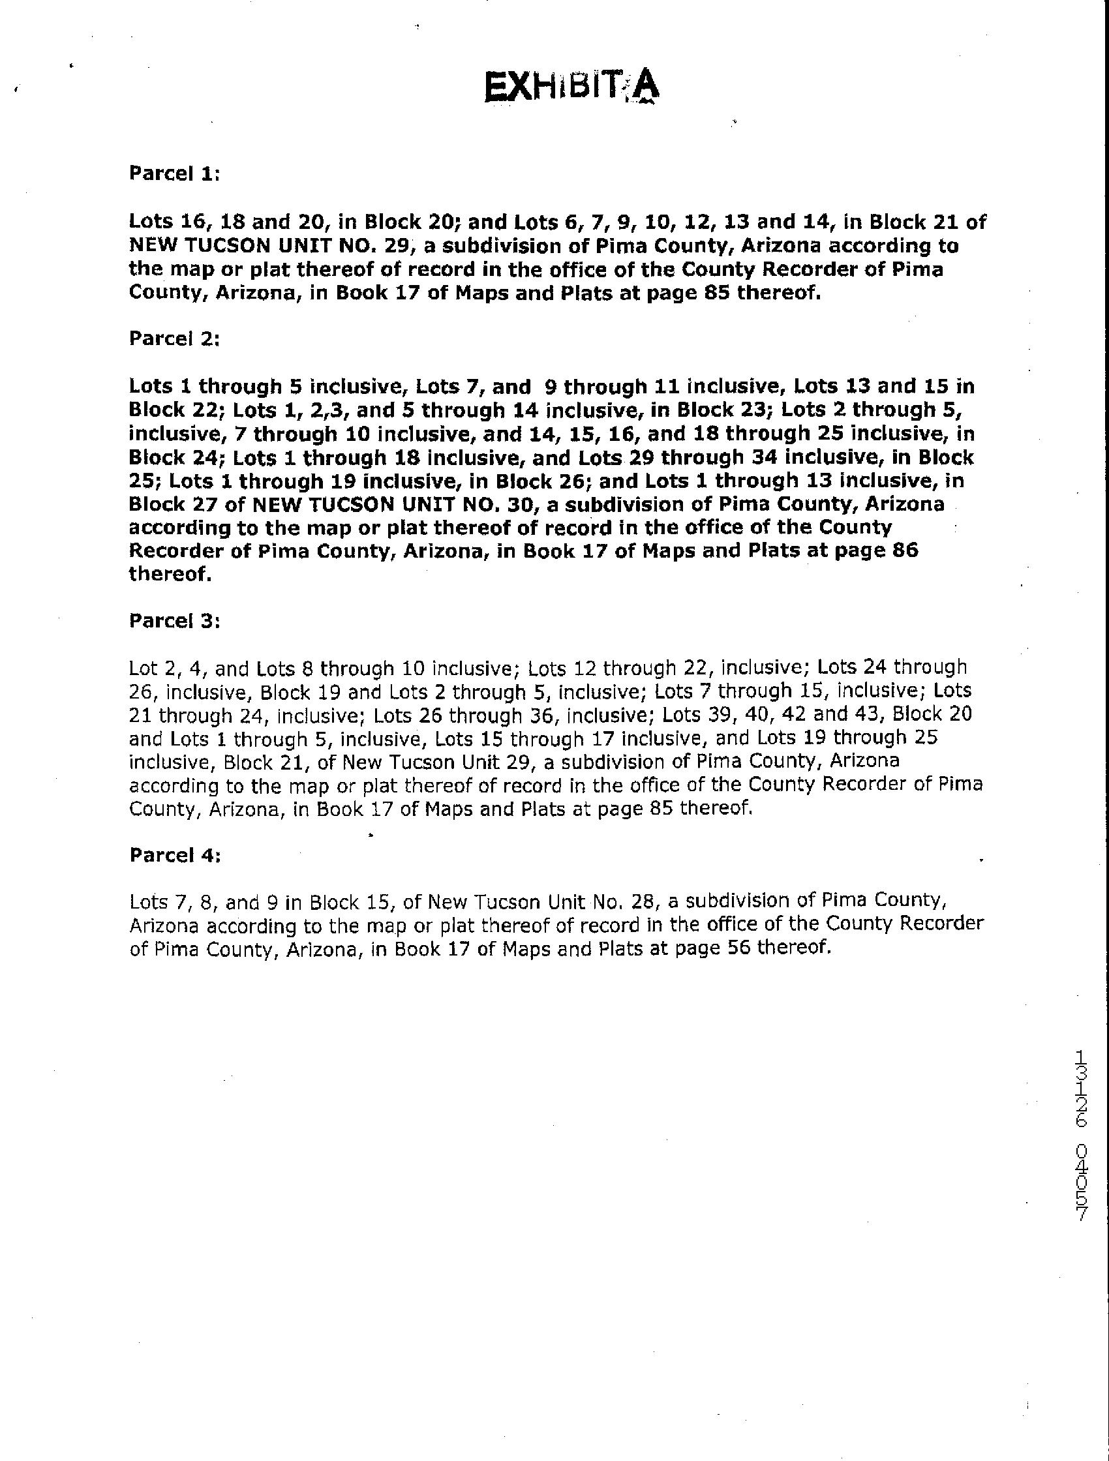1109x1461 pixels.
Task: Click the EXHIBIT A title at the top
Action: (572, 88)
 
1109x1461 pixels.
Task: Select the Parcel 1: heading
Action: (174, 173)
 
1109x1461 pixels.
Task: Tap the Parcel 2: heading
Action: (174, 339)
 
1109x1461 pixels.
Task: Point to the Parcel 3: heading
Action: (174, 622)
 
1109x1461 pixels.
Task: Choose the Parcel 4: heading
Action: (174, 855)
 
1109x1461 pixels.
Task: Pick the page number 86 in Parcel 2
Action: (904, 551)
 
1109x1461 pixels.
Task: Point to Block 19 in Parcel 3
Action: (296, 692)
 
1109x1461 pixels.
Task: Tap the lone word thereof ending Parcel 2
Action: (170, 573)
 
